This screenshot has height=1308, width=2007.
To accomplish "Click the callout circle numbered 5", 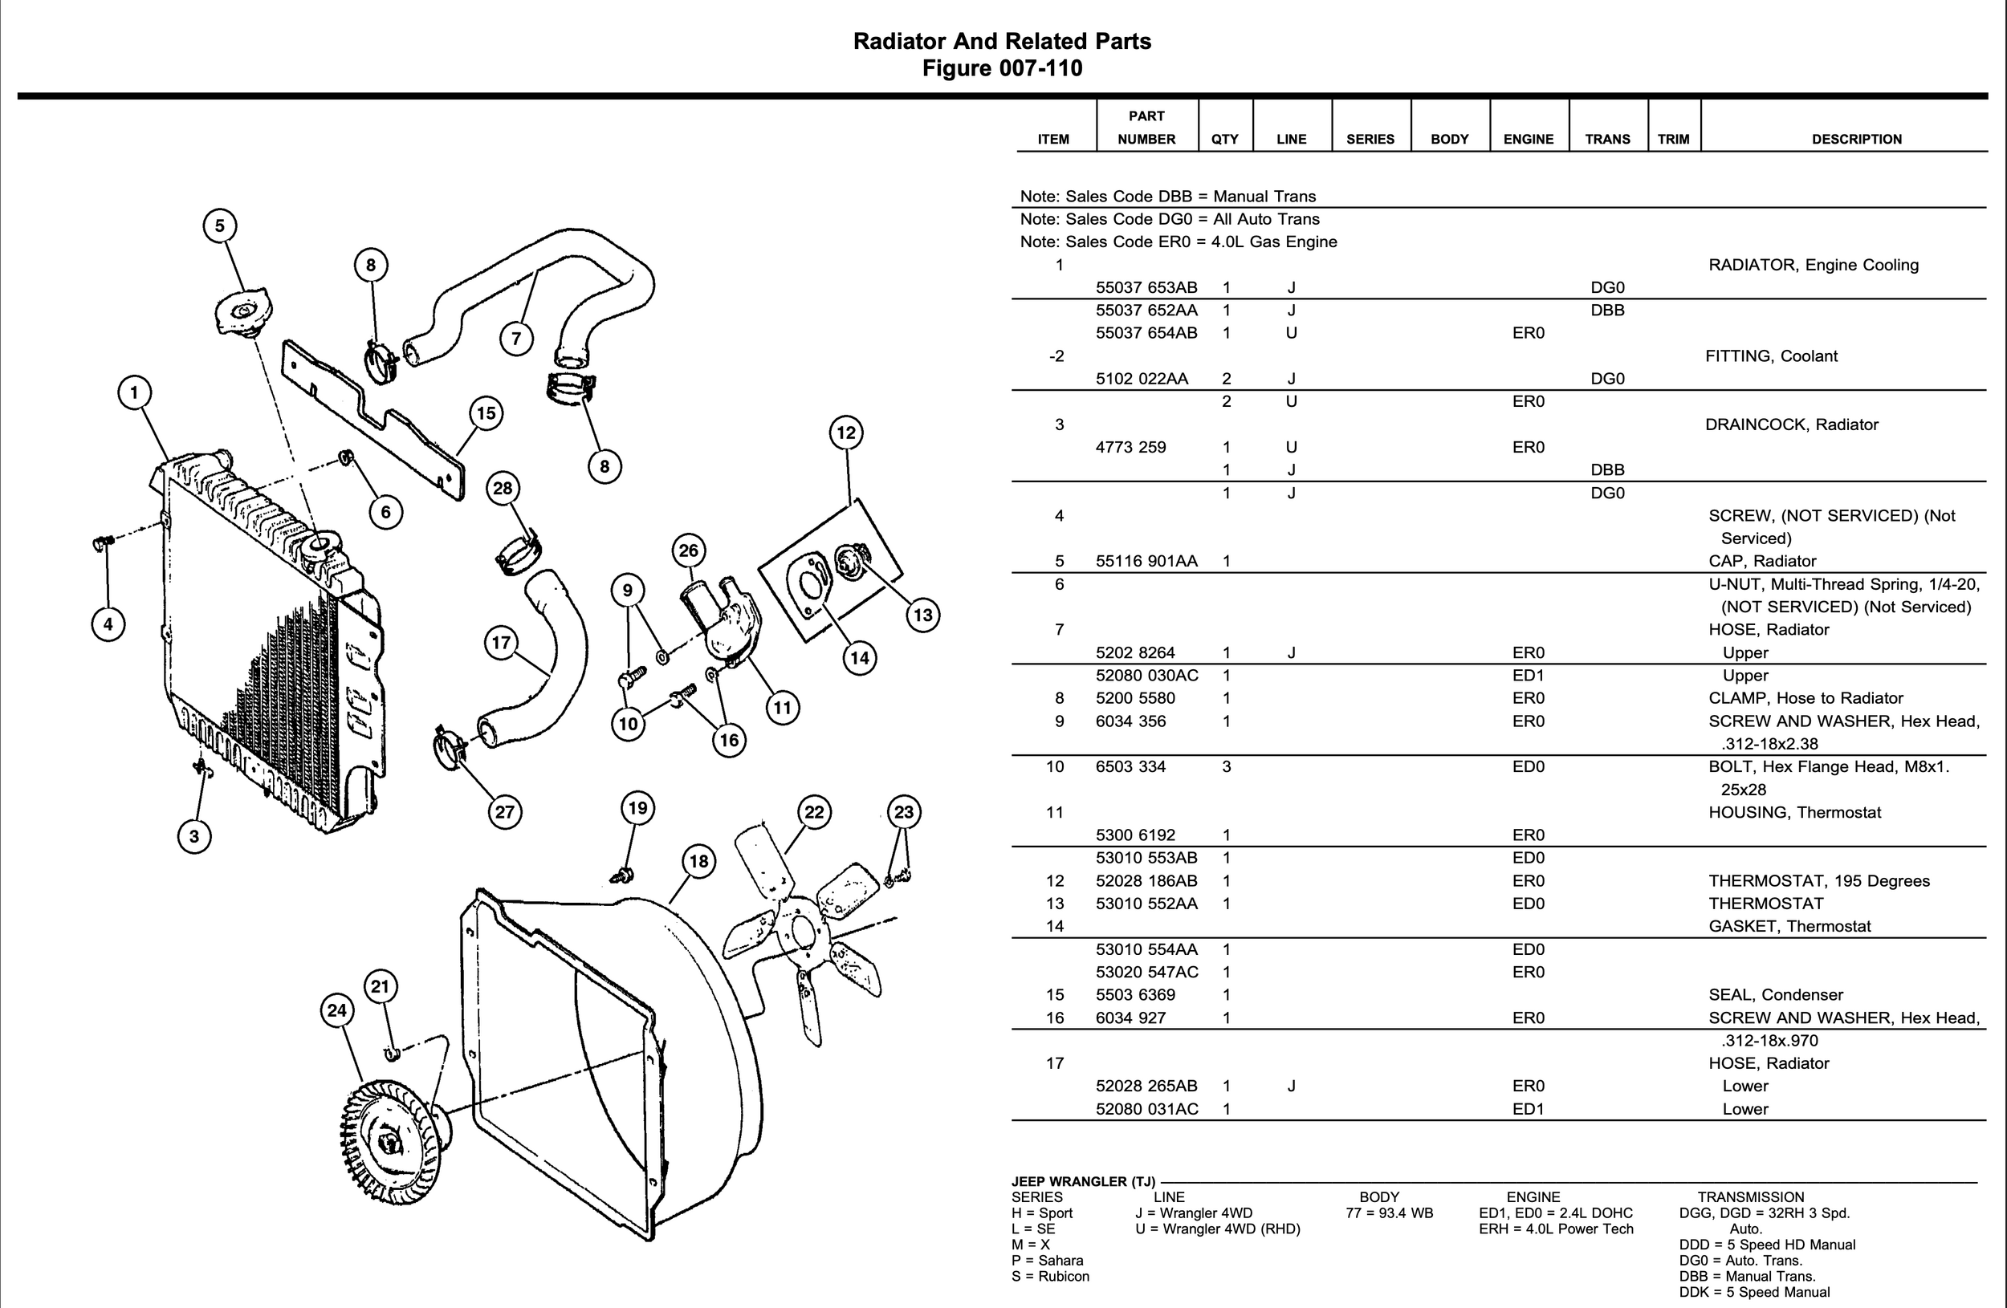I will [220, 225].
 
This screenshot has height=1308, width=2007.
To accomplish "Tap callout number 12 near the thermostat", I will [846, 433].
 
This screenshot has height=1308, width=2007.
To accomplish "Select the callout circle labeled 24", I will [337, 1010].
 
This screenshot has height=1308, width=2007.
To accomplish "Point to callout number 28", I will [503, 488].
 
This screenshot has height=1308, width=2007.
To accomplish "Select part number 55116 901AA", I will [1146, 561].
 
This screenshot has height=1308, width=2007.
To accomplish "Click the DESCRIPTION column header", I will [1856, 139].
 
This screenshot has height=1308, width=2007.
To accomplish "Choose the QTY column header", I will [1224, 139].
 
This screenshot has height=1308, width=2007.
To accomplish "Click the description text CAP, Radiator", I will [1761, 561].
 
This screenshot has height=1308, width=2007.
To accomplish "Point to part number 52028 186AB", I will [1146, 881].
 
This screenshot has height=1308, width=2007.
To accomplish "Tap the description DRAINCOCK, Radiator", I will [1791, 424].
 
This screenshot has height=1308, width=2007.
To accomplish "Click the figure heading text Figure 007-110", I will [1002, 68].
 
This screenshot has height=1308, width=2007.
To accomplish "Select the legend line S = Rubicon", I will [1050, 1277].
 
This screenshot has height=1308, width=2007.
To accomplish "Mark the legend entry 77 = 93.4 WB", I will [1389, 1213].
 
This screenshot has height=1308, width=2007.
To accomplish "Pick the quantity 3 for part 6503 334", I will [1226, 767].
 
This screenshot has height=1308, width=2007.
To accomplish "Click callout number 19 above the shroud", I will [637, 808].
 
